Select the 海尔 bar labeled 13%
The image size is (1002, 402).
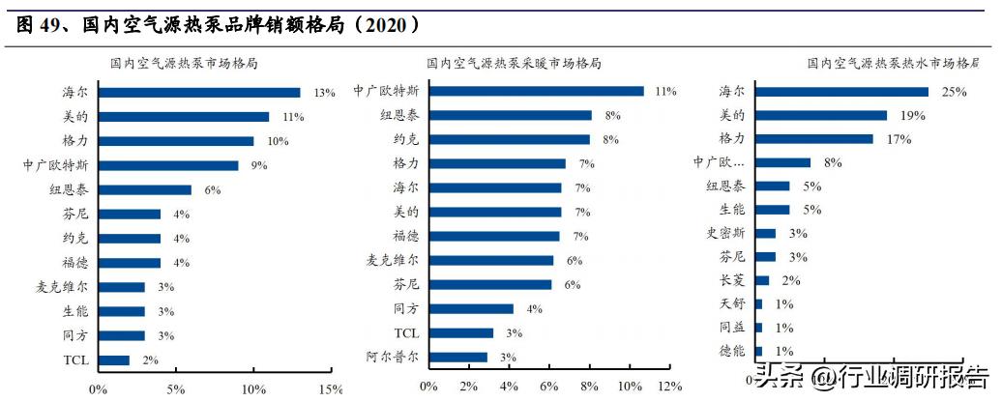click(x=199, y=93)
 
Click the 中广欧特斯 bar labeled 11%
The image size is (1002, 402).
click(x=537, y=91)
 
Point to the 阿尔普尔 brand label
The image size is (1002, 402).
click(x=393, y=357)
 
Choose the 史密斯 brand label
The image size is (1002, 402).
click(x=725, y=233)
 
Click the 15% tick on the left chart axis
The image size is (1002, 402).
click(x=330, y=389)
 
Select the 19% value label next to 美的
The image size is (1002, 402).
click(x=912, y=116)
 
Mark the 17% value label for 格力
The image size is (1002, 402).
click(x=899, y=139)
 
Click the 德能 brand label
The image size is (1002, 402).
click(x=732, y=352)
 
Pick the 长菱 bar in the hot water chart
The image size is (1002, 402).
click(x=762, y=280)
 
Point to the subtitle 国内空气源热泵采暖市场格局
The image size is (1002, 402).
click(x=514, y=64)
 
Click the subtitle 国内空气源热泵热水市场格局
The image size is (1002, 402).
click(x=893, y=64)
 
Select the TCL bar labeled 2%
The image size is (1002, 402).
click(x=114, y=360)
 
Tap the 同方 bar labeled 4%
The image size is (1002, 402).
click(x=471, y=309)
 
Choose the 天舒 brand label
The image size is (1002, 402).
click(x=732, y=304)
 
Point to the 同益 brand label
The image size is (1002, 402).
click(x=732, y=328)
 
